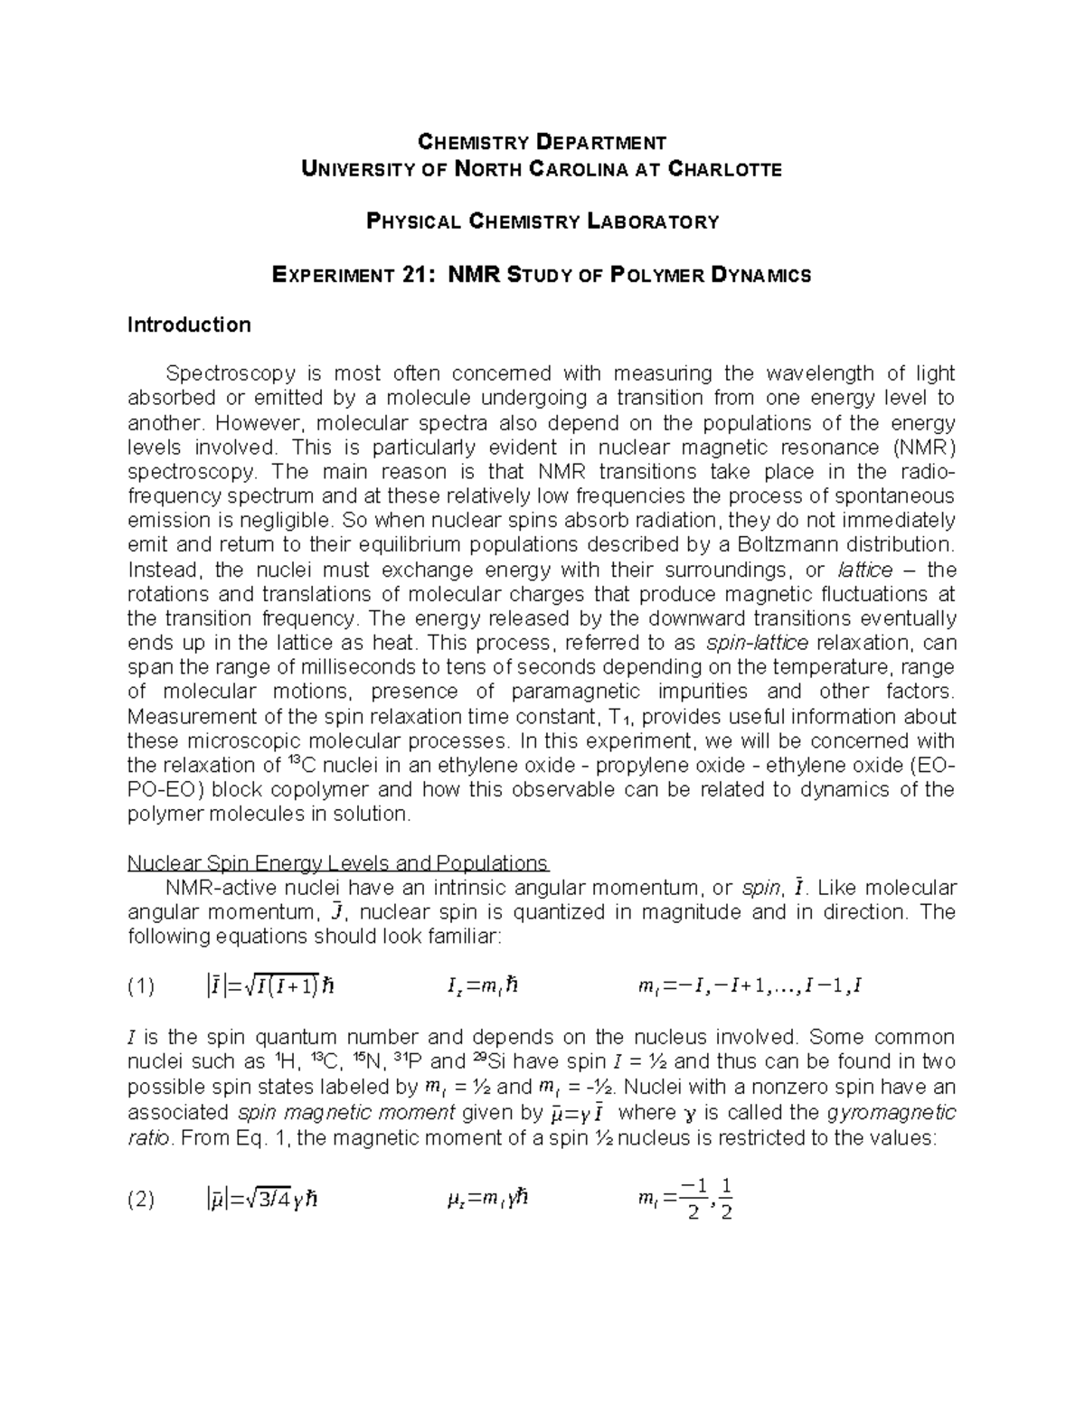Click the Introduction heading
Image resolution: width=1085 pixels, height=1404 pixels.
point(189,325)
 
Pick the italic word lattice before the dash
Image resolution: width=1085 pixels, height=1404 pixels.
point(865,570)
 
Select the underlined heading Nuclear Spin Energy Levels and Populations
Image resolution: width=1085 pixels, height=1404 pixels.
point(337,862)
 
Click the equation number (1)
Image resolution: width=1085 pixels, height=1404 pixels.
point(141,986)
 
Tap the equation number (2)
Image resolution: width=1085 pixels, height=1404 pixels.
point(141,1201)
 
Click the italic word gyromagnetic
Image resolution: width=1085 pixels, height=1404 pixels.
point(891,1112)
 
